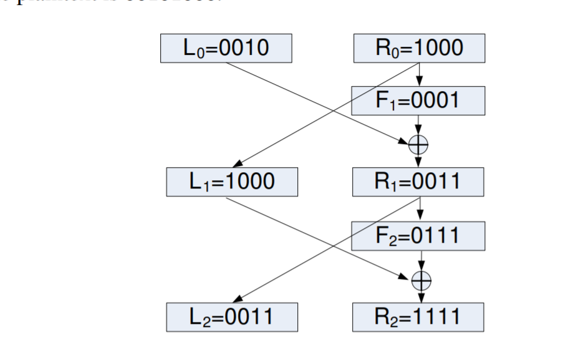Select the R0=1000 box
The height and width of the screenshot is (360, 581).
(418, 49)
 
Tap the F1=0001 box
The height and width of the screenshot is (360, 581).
(418, 100)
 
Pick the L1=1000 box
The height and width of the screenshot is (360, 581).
(232, 182)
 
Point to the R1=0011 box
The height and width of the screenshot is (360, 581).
(418, 182)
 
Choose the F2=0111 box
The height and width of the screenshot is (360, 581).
(418, 235)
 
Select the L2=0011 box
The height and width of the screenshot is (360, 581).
(232, 318)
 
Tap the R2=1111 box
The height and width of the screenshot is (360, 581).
(418, 318)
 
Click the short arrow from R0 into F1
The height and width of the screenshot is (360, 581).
(418, 75)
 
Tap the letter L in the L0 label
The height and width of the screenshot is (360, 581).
(194, 49)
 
